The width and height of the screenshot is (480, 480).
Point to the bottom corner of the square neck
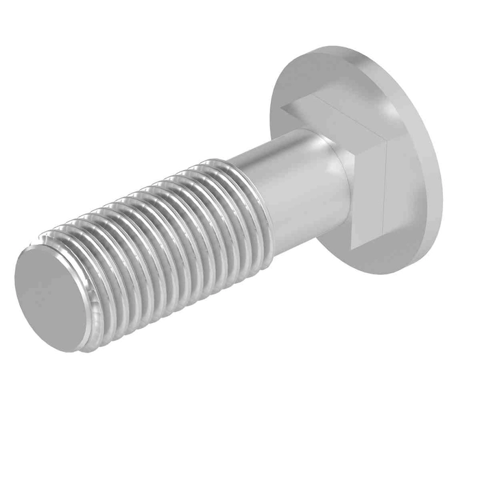click(354, 247)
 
